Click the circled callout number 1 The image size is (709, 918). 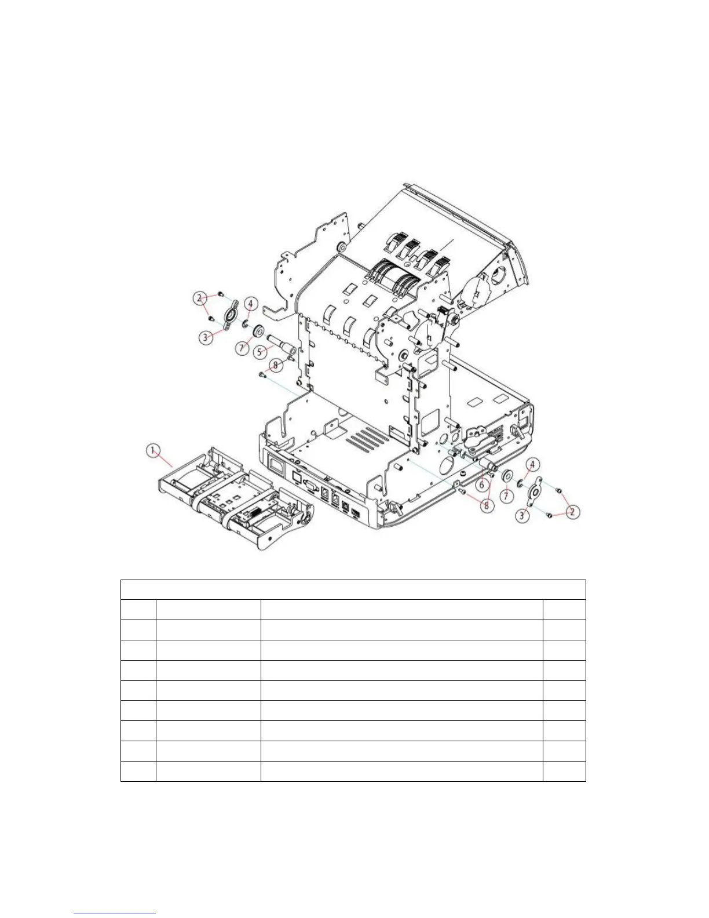click(153, 450)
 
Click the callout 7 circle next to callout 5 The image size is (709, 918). click(243, 348)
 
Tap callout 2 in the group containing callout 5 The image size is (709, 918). click(200, 298)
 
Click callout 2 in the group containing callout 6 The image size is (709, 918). click(573, 512)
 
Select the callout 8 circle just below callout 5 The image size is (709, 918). click(276, 365)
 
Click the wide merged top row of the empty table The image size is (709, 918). click(353, 589)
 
